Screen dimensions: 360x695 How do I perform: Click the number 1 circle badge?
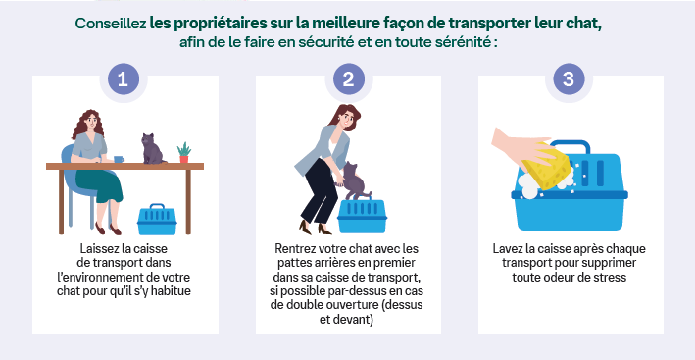124,79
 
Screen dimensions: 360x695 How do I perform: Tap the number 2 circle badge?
347,79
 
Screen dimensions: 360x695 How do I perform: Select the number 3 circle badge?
570,79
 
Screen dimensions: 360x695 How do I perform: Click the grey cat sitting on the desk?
153,149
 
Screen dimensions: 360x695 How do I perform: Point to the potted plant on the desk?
183,152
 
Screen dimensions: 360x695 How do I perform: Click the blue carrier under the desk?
156,220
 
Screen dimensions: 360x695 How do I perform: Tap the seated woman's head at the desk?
87,123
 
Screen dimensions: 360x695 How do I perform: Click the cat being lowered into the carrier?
354,182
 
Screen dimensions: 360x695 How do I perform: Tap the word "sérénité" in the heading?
461,44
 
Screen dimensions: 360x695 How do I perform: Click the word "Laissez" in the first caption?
101,249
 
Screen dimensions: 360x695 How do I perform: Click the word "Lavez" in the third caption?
510,249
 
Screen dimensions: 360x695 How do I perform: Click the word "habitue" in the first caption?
169,291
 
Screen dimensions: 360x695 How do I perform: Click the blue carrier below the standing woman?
362,216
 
